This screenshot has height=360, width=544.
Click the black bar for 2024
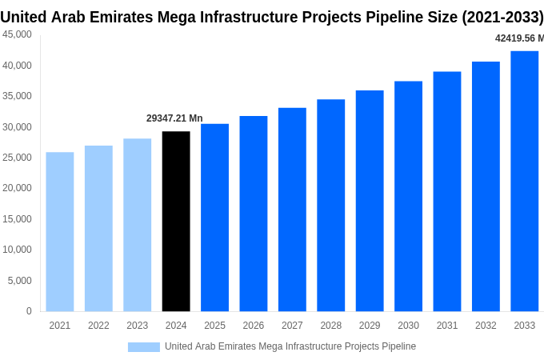point(176,222)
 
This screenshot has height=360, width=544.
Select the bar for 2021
point(60,232)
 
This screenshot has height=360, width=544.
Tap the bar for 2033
point(525,182)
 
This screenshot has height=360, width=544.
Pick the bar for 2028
point(331,206)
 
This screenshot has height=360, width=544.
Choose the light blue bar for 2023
point(138,225)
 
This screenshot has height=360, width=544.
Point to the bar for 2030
point(408,196)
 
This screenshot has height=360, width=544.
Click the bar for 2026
point(254,214)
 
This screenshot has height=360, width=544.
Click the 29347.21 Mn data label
point(174,118)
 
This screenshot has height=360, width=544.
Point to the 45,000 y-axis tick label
point(18,34)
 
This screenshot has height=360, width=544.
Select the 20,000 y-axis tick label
point(18,188)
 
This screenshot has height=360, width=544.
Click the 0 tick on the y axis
point(29,311)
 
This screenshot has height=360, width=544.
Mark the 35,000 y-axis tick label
point(18,96)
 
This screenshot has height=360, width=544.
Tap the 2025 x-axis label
point(214,326)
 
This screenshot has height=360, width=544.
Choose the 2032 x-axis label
point(486,326)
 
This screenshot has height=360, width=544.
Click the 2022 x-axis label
point(98,326)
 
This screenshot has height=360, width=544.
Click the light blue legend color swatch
point(144,346)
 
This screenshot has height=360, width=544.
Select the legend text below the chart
point(290,346)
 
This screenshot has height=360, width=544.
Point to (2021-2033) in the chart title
point(502,17)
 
